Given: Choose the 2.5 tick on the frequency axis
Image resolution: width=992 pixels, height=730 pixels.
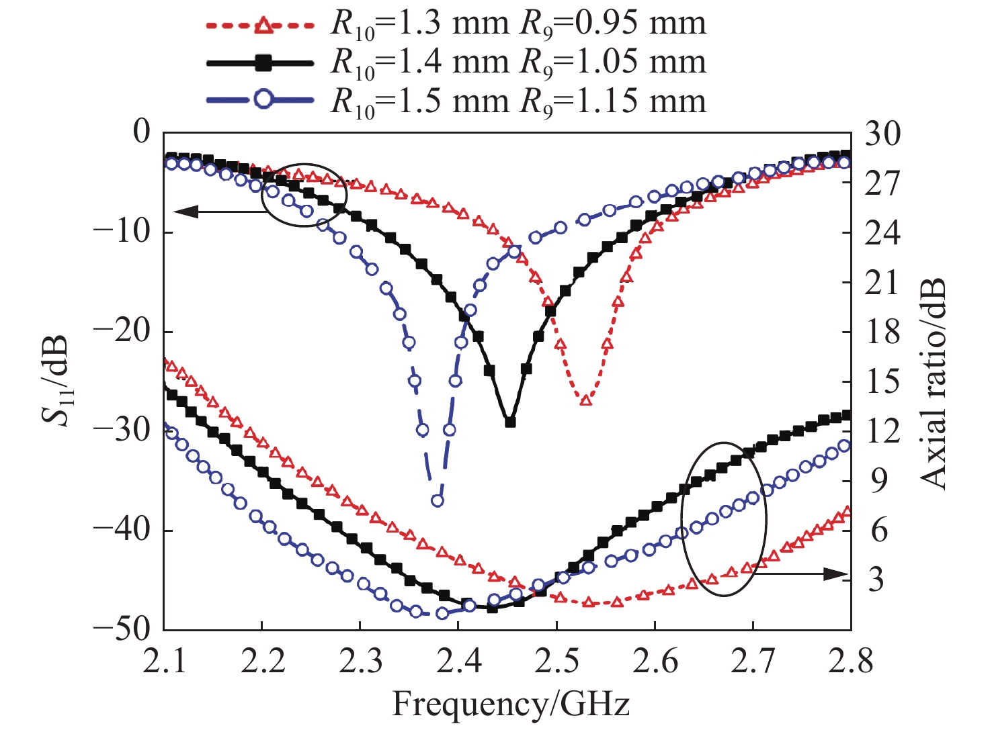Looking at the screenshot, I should [556, 661].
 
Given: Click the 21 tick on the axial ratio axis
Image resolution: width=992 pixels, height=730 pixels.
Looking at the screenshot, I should [881, 282].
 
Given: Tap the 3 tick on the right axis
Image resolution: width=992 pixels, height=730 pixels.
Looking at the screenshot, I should [876, 579].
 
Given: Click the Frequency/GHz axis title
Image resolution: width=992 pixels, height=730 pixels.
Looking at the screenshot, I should [511, 704].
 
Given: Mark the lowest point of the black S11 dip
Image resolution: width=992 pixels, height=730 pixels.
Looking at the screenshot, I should [510, 422].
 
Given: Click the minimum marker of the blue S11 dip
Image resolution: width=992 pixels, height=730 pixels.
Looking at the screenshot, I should [438, 500].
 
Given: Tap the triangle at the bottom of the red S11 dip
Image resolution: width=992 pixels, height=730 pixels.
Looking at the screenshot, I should [585, 400].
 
